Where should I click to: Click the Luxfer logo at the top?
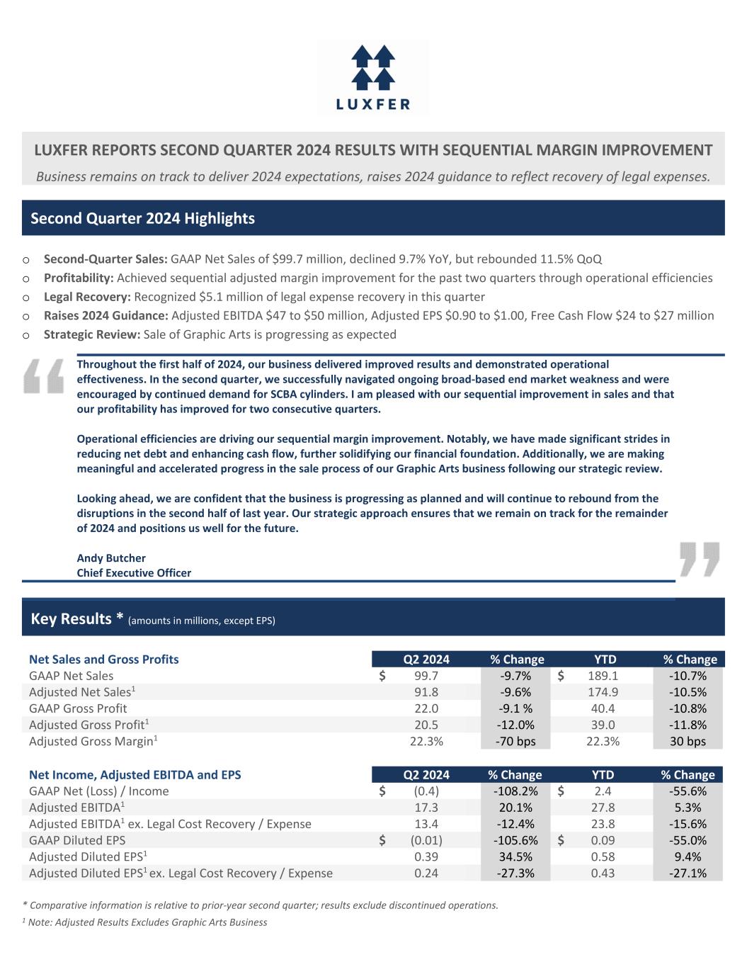click(x=373, y=77)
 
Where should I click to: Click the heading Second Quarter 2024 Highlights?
click(x=142, y=218)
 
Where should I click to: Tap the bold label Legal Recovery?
click(x=87, y=297)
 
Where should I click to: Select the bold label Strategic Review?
click(x=92, y=334)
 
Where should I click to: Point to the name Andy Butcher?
click(x=111, y=558)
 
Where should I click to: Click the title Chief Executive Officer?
click(x=134, y=572)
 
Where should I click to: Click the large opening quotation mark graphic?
click(x=43, y=375)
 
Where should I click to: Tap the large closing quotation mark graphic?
click(x=699, y=559)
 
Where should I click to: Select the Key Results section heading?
click(x=77, y=619)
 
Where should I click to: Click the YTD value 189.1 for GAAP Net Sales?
click(x=603, y=676)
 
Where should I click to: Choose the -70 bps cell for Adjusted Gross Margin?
click(x=517, y=741)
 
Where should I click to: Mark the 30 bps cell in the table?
click(x=688, y=741)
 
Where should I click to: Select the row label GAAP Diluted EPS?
click(x=77, y=840)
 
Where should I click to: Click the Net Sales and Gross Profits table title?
click(x=103, y=660)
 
